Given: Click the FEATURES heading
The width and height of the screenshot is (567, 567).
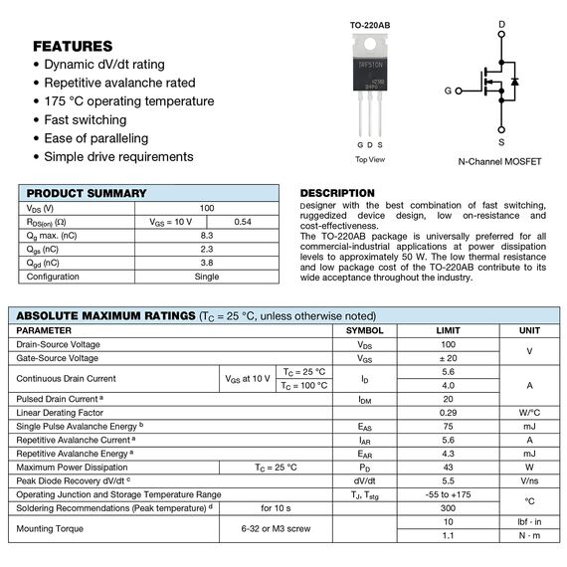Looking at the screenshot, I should (x=73, y=46).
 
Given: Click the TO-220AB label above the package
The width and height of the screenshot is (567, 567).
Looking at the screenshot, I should (x=370, y=25).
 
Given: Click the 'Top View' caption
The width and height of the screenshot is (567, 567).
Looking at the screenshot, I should (x=370, y=159).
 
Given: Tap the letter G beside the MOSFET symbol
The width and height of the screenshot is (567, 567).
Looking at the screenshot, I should (x=448, y=91).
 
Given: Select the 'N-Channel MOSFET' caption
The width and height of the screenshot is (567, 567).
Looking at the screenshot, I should (x=499, y=161).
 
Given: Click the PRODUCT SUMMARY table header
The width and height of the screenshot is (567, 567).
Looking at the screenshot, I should (x=87, y=193).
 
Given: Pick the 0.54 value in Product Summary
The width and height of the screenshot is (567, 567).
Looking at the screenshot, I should (x=242, y=222).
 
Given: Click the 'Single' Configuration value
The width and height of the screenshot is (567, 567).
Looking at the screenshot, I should (x=207, y=277).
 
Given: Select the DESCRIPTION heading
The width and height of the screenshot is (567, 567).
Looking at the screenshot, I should (x=337, y=193).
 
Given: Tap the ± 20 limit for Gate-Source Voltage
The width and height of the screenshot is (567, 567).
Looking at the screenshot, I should (x=448, y=357).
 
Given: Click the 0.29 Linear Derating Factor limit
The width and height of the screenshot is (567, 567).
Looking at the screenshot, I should (x=448, y=412).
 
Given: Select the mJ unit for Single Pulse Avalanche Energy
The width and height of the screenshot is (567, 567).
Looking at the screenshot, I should (x=529, y=426).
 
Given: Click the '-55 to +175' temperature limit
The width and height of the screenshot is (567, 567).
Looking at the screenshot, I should (x=448, y=494).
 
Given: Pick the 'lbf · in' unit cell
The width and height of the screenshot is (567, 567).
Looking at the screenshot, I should (x=529, y=521).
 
